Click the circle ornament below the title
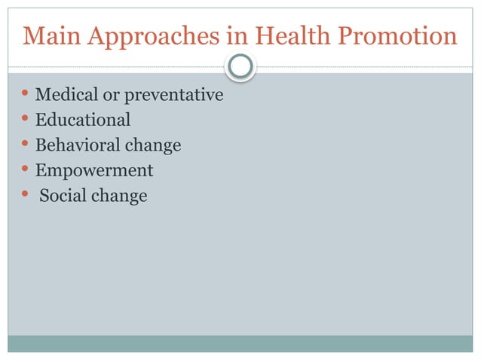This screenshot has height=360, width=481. tap(240, 68)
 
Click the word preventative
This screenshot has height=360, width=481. tap(174, 96)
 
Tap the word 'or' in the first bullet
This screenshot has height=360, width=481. tap(112, 96)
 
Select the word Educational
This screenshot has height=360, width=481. tap(83, 120)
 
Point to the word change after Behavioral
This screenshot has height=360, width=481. tap(154, 145)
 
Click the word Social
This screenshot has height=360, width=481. tap(63, 197)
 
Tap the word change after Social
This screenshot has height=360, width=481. tap(119, 197)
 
